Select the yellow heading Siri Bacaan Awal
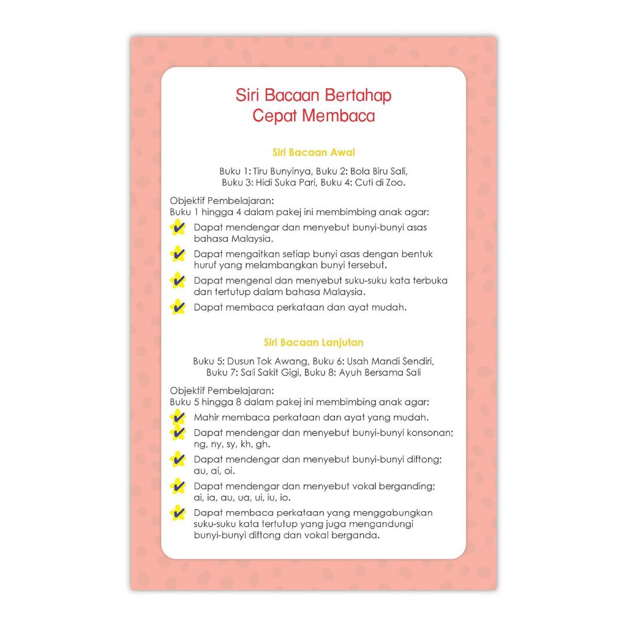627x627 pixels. click(x=313, y=152)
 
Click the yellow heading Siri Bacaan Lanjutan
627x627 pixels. click(x=313, y=343)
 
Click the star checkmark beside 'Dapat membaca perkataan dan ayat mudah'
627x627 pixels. click(x=178, y=307)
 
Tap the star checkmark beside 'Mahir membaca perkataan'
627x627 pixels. click(x=178, y=418)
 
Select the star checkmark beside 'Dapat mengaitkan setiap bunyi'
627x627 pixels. click(x=178, y=253)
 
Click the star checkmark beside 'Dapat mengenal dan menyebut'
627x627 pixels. click(x=178, y=280)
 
